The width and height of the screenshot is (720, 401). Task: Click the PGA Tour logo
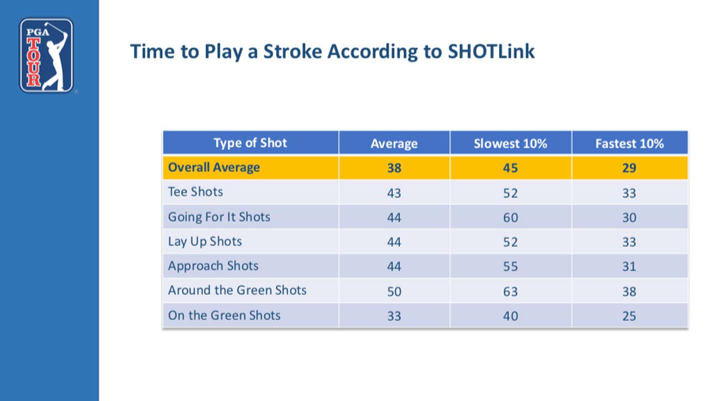point(47,55)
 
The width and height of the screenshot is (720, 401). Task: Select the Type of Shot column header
point(250,143)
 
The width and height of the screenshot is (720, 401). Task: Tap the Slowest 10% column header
point(510,144)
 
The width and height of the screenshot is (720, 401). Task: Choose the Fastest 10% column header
point(629,144)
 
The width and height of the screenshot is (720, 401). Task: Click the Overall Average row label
point(214,168)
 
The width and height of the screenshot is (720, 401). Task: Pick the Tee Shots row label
point(196,192)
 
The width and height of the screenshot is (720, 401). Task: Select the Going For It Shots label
point(219,217)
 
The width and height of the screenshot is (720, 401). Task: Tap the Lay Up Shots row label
point(205,241)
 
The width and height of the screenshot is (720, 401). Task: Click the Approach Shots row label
point(213,265)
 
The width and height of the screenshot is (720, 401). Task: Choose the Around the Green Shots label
point(237,290)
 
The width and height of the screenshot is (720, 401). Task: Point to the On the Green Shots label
point(224,315)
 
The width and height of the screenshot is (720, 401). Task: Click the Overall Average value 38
point(394,168)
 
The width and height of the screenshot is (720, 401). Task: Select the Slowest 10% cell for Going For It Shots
point(510,217)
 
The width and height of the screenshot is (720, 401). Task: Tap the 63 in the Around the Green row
point(510,291)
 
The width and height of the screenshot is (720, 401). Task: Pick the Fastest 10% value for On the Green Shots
point(629,316)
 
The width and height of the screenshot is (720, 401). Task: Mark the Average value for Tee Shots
point(394,193)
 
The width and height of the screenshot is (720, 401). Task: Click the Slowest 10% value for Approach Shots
point(510,267)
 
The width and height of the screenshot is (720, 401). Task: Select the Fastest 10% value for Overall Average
point(629,168)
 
